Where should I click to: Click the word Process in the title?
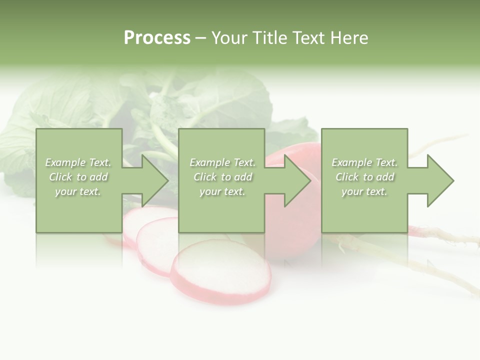(x=157, y=38)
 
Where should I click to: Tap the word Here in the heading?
(x=348, y=38)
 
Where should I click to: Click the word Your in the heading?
(x=229, y=38)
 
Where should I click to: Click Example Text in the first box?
(x=78, y=162)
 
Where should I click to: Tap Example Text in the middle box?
(x=222, y=162)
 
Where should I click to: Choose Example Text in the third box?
(x=364, y=162)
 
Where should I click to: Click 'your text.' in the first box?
(x=78, y=191)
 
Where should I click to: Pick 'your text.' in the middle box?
(x=222, y=191)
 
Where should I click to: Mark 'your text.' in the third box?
(x=364, y=191)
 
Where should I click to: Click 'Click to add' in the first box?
(x=78, y=177)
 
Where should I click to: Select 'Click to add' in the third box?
(x=364, y=177)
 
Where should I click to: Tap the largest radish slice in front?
(x=220, y=272)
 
